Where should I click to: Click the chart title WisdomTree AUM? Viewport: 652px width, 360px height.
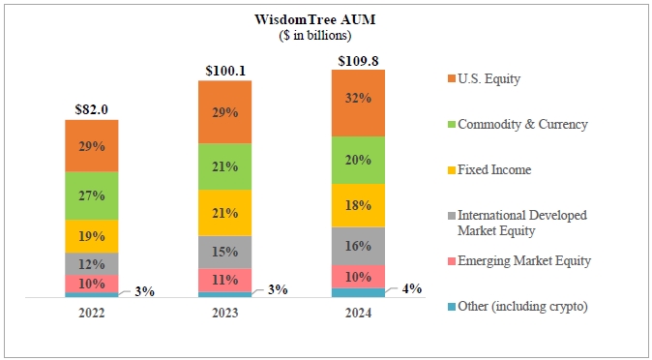[314, 19]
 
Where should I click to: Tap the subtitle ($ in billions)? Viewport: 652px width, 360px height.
[315, 36]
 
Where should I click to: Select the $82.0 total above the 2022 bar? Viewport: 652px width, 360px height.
[92, 109]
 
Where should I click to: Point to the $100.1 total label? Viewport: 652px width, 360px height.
[225, 71]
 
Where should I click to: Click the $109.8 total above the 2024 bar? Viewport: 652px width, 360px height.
[358, 61]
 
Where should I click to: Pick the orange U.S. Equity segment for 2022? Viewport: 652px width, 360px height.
[92, 146]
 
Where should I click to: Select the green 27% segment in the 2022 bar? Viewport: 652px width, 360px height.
[92, 196]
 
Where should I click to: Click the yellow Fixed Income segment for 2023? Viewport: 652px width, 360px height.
[225, 213]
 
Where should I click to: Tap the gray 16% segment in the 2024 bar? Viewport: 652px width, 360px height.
[358, 247]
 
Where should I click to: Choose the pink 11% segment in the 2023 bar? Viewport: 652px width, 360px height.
[225, 280]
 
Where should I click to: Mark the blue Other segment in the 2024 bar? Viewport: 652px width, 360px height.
[358, 293]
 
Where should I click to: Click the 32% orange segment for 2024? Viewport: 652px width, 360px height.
[358, 104]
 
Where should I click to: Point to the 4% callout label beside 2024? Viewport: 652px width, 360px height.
[412, 288]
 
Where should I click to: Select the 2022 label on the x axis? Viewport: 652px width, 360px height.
[92, 313]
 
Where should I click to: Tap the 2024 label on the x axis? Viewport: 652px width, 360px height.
[358, 313]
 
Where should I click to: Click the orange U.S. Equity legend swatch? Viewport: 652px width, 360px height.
[451, 78]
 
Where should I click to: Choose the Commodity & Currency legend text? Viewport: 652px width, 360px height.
[522, 125]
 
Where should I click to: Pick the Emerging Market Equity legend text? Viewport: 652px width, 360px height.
[524, 261]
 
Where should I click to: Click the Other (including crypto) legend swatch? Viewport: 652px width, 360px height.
[451, 307]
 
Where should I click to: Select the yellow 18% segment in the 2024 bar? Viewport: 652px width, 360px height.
[358, 205]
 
